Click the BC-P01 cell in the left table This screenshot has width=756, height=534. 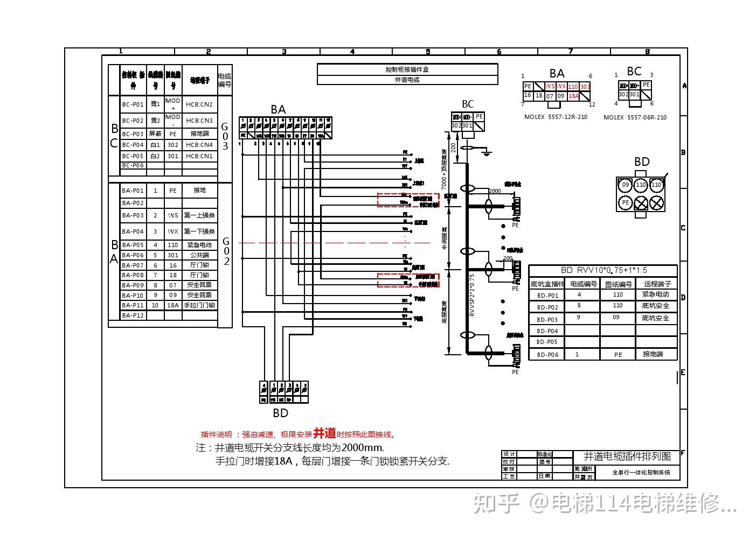tap(133, 104)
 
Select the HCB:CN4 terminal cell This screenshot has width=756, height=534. tap(199, 145)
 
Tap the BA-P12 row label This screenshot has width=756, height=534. tap(133, 315)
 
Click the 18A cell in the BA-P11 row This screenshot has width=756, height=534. tap(173, 305)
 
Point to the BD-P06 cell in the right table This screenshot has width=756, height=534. tap(547, 354)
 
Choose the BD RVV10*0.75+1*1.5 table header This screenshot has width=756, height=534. tap(603, 270)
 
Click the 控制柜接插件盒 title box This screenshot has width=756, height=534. tap(407, 69)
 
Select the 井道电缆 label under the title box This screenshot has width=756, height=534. tap(407, 80)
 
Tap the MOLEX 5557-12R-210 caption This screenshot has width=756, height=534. tap(556, 117)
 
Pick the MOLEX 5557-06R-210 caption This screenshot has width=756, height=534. tap(635, 117)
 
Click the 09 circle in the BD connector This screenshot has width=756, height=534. tap(625, 185)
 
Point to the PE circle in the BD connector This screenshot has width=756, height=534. tap(625, 203)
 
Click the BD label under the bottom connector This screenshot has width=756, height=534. tap(280, 413)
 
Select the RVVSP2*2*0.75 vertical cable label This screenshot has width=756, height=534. tap(472, 295)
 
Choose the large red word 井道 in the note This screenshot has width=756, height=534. tap(324, 433)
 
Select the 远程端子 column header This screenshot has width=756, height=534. tap(657, 284)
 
